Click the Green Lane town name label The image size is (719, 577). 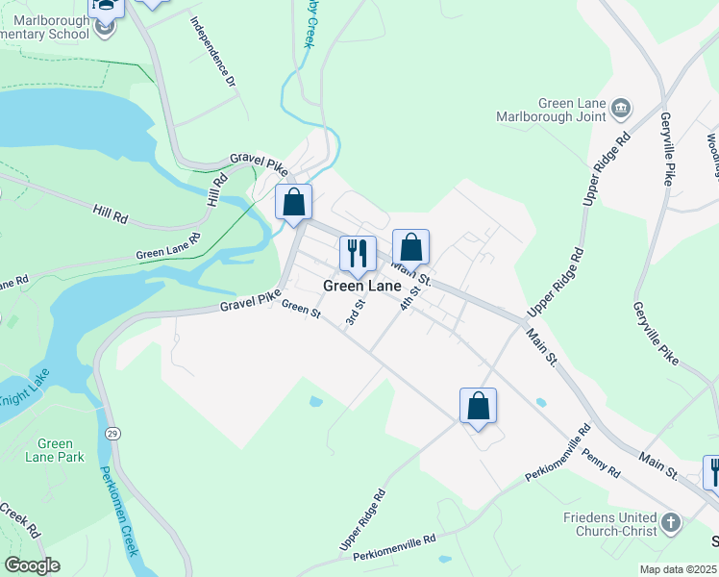coord(361,287)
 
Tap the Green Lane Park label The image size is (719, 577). coord(55,450)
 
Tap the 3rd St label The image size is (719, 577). coord(355,314)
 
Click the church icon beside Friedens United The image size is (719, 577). coord(671,524)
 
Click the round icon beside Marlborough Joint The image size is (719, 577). coord(621,109)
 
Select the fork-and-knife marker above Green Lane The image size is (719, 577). coord(358,254)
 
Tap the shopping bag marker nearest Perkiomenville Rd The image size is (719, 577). coord(478,406)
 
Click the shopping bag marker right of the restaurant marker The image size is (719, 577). coord(410,247)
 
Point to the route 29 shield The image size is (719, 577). coord(112,434)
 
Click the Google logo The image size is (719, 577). coord(31,565)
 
